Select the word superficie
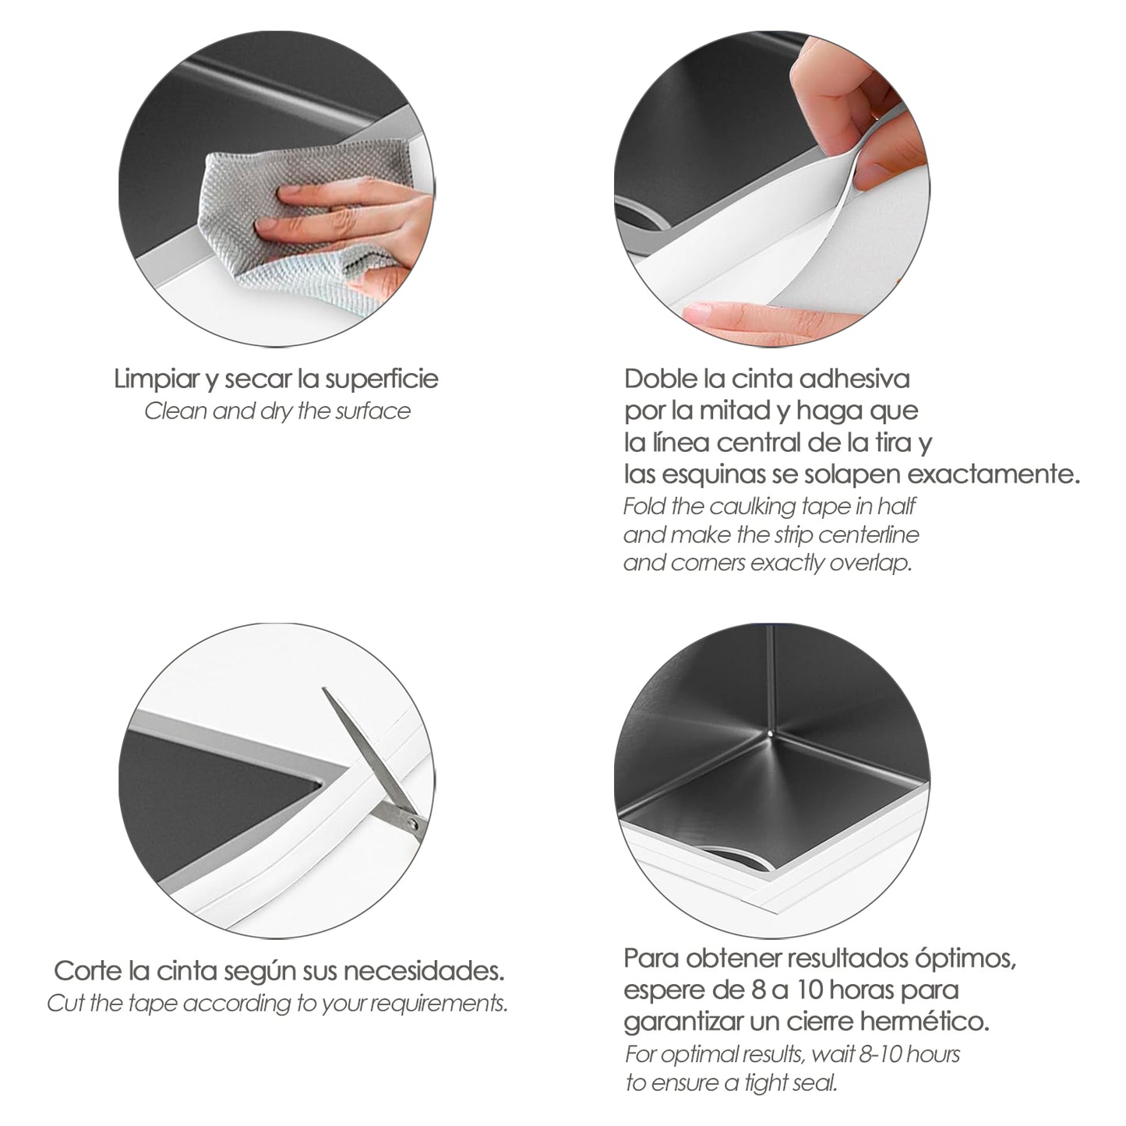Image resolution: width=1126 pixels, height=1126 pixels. coord(382,379)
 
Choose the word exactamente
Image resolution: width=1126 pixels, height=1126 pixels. coord(993,475)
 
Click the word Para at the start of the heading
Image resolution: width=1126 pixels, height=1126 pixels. coord(651,958)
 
